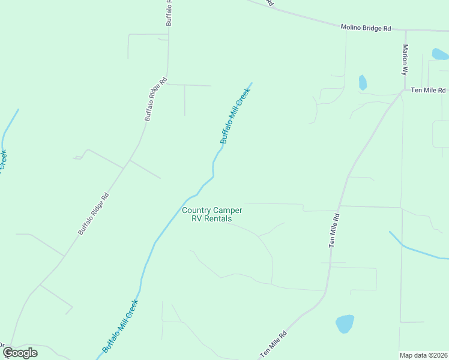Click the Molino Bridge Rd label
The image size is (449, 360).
(x=366, y=28)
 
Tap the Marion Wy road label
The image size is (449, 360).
(x=405, y=59)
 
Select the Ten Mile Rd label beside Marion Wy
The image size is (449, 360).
(x=428, y=90)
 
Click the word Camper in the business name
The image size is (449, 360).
(x=227, y=210)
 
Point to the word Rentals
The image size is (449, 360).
(x=218, y=219)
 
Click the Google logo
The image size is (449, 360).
(x=20, y=353)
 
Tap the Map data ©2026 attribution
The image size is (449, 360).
(x=423, y=355)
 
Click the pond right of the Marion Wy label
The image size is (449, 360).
(x=440, y=55)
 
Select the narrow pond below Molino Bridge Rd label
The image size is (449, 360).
(x=363, y=82)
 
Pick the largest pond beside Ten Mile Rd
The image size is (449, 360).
(x=345, y=324)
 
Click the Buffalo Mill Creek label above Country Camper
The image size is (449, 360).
(x=235, y=116)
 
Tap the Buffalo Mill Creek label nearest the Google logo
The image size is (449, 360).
(x=120, y=326)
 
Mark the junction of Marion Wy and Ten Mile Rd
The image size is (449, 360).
(x=403, y=91)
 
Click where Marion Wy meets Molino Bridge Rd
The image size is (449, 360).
(x=405, y=31)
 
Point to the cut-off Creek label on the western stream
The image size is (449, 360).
(x=3, y=161)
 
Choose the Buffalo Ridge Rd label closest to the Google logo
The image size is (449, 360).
(x=93, y=213)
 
